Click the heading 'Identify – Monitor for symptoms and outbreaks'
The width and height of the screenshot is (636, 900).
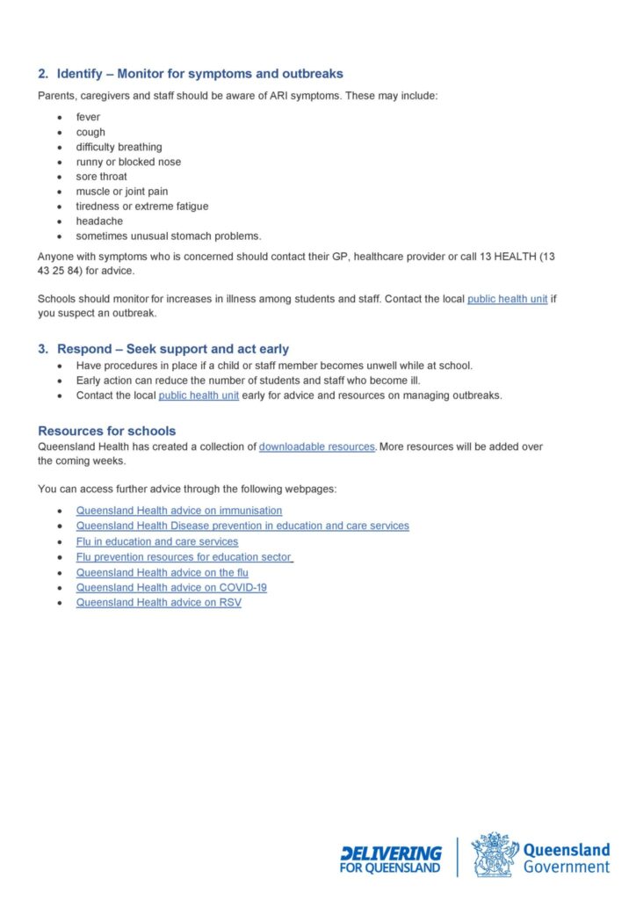click(x=199, y=74)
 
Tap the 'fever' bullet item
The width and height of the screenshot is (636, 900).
click(x=88, y=117)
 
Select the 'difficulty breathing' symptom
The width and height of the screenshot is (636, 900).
click(x=119, y=147)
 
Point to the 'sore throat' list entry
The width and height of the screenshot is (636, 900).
click(x=101, y=177)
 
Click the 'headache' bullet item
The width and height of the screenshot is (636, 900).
click(x=99, y=221)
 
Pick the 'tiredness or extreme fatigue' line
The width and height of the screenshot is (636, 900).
click(x=141, y=207)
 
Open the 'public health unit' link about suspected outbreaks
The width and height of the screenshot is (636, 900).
click(x=507, y=299)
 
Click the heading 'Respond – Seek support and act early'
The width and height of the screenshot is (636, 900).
click(x=172, y=349)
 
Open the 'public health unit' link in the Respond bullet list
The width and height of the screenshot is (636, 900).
click(x=198, y=396)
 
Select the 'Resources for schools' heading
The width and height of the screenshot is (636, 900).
click(x=106, y=431)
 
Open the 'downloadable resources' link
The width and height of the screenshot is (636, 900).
click(x=317, y=446)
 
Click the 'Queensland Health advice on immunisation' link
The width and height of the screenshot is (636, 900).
click(x=179, y=511)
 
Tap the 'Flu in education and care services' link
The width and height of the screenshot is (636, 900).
click(x=156, y=541)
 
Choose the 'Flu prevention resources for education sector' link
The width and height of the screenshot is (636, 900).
click(x=184, y=556)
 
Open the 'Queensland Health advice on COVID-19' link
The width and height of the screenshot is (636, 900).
click(x=171, y=587)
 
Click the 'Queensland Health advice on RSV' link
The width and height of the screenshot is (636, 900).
click(x=158, y=602)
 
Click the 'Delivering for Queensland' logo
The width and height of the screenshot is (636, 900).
click(x=391, y=859)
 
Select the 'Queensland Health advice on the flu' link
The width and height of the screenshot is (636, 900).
click(x=162, y=572)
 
